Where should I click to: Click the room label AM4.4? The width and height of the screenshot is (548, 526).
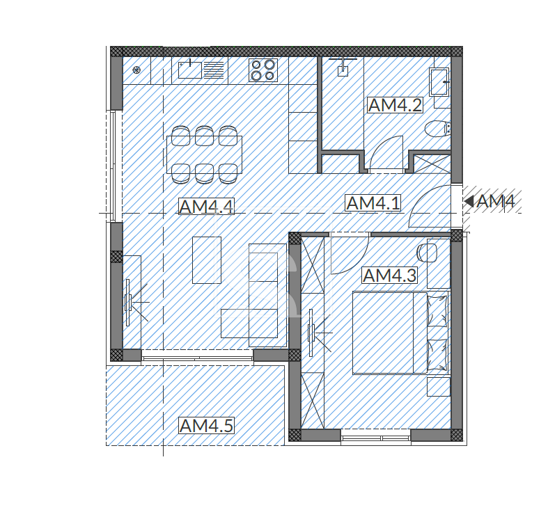tap(206, 207)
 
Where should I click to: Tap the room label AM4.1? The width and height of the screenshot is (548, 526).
tap(373, 203)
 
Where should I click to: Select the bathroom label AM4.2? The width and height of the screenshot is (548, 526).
tap(396, 105)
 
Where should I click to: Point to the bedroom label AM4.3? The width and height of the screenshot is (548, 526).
tap(389, 276)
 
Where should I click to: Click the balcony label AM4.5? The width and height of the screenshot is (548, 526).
tap(206, 425)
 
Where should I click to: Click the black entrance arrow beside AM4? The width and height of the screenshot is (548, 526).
tap(469, 201)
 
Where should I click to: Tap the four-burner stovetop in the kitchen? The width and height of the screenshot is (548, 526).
tap(263, 70)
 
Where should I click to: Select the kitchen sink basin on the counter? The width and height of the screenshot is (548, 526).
tap(190, 70)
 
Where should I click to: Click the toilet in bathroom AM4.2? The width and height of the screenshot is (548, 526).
tap(437, 129)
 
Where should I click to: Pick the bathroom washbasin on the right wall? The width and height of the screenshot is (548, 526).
tap(439, 81)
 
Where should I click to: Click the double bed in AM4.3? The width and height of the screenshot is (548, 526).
tap(400, 333)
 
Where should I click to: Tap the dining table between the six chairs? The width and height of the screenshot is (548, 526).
tap(205, 154)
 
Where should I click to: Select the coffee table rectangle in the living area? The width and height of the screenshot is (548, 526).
tap(207, 260)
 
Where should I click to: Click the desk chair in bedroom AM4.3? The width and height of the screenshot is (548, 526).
tap(428, 253)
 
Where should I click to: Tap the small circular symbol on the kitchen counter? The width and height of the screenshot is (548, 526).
tap(136, 70)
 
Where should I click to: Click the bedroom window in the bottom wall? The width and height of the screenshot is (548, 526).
tap(376, 438)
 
